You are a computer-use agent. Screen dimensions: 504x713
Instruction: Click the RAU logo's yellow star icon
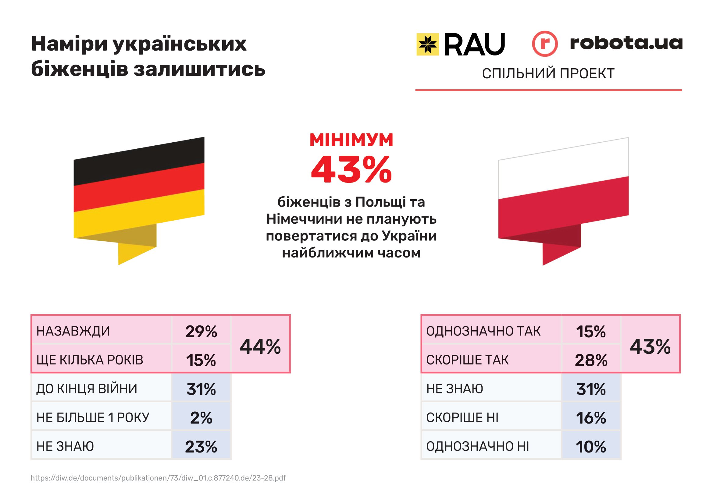click(427, 44)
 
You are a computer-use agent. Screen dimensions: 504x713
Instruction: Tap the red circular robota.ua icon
click(545, 44)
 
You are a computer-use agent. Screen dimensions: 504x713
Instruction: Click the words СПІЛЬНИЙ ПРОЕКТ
click(548, 73)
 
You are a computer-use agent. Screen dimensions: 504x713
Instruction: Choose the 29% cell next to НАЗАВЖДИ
click(201, 332)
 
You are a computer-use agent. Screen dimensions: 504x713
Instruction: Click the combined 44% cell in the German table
click(260, 346)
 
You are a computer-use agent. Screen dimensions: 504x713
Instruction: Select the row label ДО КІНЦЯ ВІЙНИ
click(87, 389)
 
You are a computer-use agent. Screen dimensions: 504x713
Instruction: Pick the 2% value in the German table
click(201, 418)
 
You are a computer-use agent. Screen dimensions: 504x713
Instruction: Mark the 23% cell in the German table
click(201, 447)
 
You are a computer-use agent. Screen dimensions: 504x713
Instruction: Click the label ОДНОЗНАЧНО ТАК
click(483, 331)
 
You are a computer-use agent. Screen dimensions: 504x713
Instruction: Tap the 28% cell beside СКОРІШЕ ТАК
click(591, 360)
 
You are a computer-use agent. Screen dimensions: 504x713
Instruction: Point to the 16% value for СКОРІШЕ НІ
click(591, 418)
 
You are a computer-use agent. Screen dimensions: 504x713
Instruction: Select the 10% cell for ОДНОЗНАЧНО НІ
click(591, 447)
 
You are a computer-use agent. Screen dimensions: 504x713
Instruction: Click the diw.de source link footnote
click(158, 478)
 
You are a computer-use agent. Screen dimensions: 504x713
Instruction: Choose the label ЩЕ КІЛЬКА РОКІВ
click(90, 360)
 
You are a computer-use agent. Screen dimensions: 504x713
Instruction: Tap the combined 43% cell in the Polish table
click(650, 346)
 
